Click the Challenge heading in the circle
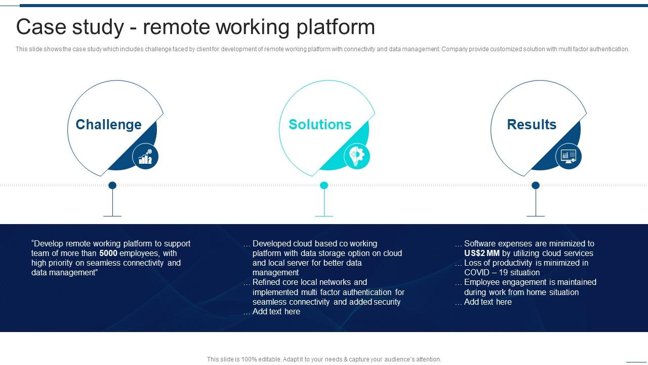pyautogui.click(x=108, y=125)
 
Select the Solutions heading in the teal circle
pyautogui.click(x=320, y=125)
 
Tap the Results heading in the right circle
pyautogui.click(x=532, y=125)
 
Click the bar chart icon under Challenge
pyautogui.click(x=145, y=156)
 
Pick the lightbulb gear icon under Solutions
pyautogui.click(x=357, y=156)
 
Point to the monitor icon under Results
pyautogui.click(x=569, y=156)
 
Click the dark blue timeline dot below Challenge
pyautogui.click(x=112, y=186)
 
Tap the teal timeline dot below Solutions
pyautogui.click(x=324, y=186)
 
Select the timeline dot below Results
pyautogui.click(x=536, y=186)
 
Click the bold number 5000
pyautogui.click(x=108, y=253)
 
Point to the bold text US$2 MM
pyautogui.click(x=482, y=253)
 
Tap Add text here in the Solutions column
pyautogui.click(x=276, y=312)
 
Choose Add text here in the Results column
pyautogui.click(x=488, y=302)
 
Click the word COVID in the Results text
pyautogui.click(x=477, y=273)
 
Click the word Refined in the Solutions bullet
pyautogui.click(x=266, y=282)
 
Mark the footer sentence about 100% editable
pyautogui.click(x=324, y=359)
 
